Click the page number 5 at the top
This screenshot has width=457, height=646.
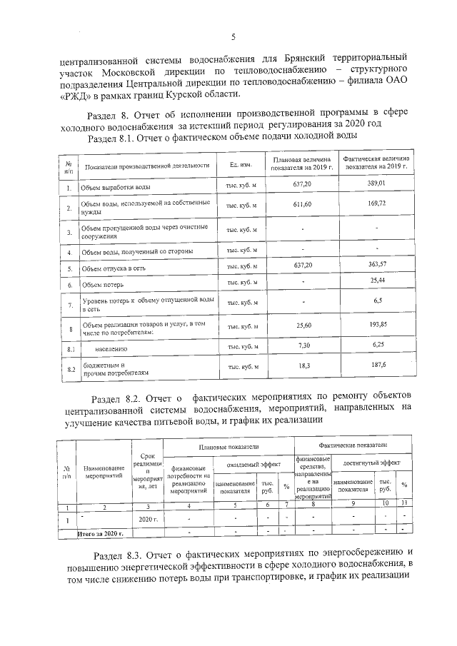(233, 36)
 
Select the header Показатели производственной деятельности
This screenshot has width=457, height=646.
(146, 166)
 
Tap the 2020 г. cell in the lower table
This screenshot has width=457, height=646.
(147, 519)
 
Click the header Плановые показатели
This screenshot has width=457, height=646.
(228, 446)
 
